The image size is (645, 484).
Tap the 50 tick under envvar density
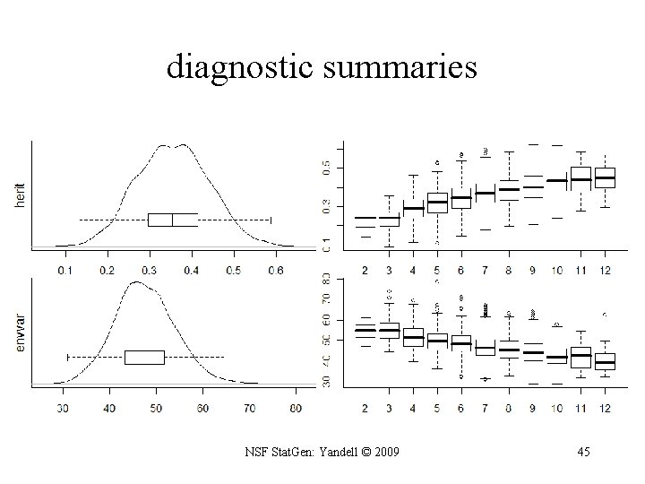156,409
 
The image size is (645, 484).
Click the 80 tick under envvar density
297,409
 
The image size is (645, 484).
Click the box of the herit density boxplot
173,220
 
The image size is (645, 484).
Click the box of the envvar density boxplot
144,357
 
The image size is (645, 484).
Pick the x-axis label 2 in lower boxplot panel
365,409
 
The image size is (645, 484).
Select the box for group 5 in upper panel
437,203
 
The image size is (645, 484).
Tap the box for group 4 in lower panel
413,338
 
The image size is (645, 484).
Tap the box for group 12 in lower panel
605,359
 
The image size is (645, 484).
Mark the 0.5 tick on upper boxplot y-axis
326,167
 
